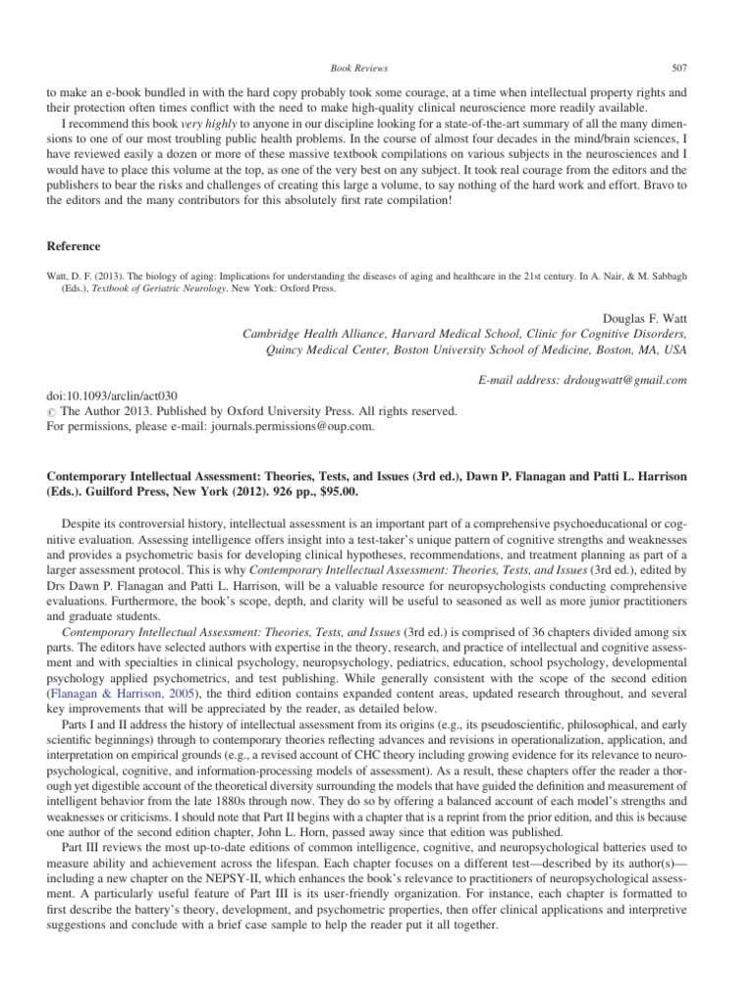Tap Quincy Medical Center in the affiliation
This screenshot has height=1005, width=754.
(319, 350)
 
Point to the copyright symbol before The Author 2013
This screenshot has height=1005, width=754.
(51, 412)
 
